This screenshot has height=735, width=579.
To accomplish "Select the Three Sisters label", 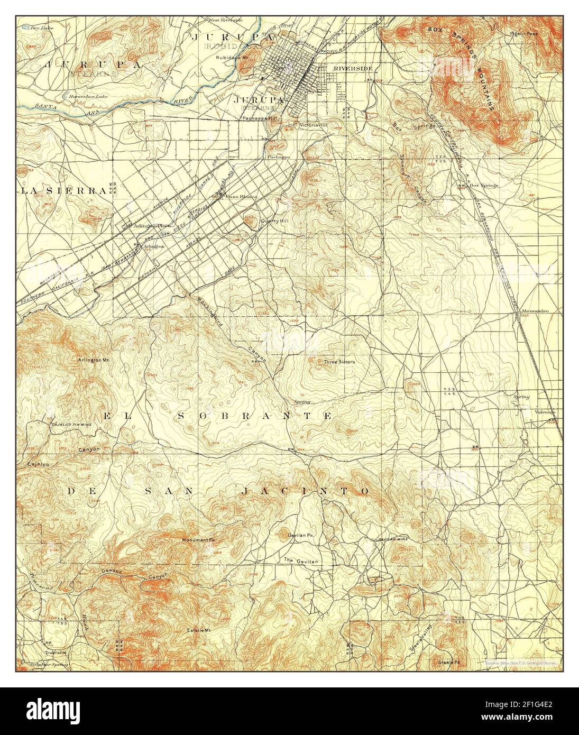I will [x=339, y=362].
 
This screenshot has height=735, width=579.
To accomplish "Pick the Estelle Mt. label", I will [x=199, y=630].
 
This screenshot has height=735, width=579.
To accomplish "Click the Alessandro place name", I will [x=535, y=311].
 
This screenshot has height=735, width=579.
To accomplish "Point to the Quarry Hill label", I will [x=275, y=221].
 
